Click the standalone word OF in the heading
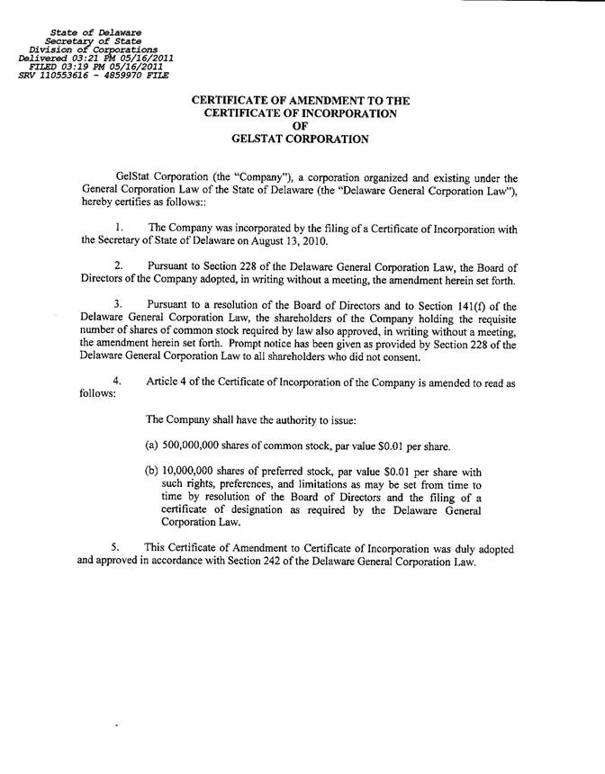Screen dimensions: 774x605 click(x=301, y=127)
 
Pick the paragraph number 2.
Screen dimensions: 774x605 click(x=120, y=266)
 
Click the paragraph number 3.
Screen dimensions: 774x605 click(x=120, y=305)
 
